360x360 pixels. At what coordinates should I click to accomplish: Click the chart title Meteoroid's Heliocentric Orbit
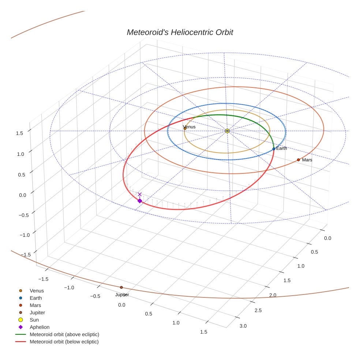[180, 32]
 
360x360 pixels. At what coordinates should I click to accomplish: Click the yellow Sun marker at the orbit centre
[227, 131]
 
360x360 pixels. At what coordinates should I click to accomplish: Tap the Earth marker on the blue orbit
[274, 149]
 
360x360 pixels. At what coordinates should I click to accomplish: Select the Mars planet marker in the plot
[298, 160]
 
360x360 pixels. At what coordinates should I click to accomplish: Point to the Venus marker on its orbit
[185, 128]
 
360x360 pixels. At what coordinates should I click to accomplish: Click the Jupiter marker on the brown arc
[121, 287]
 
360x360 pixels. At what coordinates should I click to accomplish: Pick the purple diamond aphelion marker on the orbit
[139, 200]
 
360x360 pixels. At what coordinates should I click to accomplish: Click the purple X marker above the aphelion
[139, 194]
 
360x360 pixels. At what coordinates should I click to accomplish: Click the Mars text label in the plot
[307, 160]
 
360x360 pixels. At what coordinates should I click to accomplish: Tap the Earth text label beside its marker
[282, 148]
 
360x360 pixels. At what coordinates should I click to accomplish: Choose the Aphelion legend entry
[39, 327]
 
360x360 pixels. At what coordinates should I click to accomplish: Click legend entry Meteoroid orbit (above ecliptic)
[64, 334]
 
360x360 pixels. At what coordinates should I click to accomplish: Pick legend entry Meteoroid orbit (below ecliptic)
[64, 342]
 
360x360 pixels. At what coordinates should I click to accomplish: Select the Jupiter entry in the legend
[37, 312]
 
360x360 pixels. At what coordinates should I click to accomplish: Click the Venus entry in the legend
[37, 290]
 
